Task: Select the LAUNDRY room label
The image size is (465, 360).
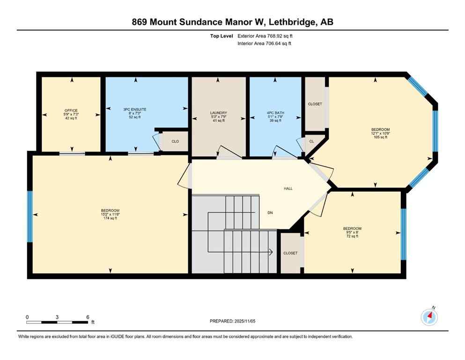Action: pos(218,117)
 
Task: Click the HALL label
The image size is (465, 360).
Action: pos(288,188)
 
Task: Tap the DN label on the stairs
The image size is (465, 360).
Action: pos(270,213)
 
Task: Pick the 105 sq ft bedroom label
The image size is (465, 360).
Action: pos(380,133)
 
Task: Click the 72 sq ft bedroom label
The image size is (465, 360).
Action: pos(352,232)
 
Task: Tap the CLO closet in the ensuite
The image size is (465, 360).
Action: pos(175,141)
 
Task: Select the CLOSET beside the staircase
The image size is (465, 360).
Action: pos(290,253)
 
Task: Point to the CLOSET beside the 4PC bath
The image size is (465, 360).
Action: pos(315,104)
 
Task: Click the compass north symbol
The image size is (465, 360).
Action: pos(429,317)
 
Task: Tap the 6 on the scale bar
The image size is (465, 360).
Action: pos(88,317)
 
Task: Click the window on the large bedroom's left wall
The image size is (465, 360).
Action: pos(30,217)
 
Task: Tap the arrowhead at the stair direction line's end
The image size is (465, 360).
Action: pos(271,252)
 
